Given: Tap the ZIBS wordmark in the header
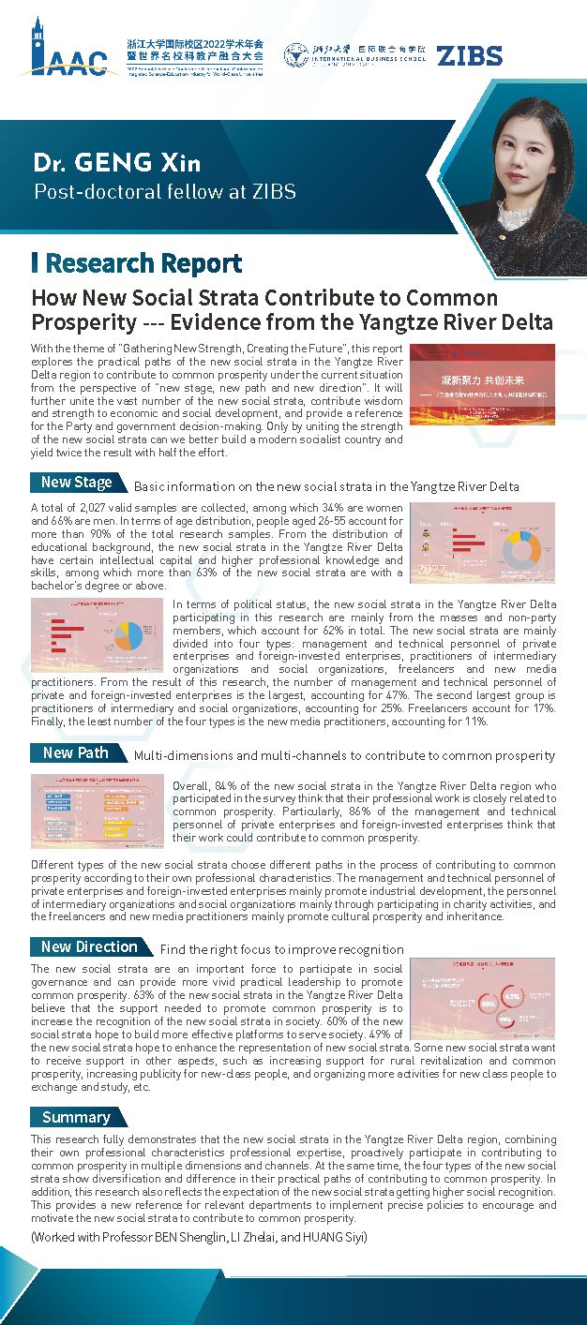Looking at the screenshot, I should (469, 55).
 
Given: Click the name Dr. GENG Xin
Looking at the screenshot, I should (117, 163).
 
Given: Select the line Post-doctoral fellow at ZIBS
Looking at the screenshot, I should (165, 192).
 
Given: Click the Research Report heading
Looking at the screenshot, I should (143, 263).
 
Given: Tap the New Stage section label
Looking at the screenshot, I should (77, 483).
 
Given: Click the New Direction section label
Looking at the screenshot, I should (89, 946).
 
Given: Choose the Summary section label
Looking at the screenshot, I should (76, 1117).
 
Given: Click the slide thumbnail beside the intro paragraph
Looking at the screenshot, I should (482, 383).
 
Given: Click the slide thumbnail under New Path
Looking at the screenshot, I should (99, 811).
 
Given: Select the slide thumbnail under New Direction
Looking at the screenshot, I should (482, 999).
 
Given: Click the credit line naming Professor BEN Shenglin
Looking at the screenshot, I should (199, 1237).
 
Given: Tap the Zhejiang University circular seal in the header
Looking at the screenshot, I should (296, 55).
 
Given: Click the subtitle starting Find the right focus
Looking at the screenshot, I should (281, 949).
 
